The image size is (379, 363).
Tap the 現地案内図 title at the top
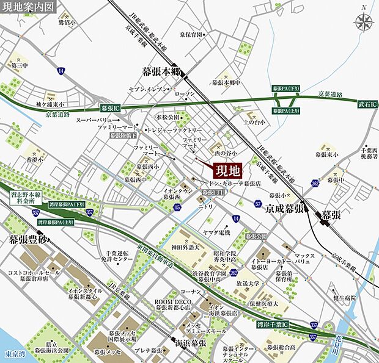28,7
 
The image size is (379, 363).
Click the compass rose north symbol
364,23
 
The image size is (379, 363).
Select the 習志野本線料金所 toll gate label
25,196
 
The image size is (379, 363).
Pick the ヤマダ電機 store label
217,232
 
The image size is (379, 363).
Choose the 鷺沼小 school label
67,23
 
